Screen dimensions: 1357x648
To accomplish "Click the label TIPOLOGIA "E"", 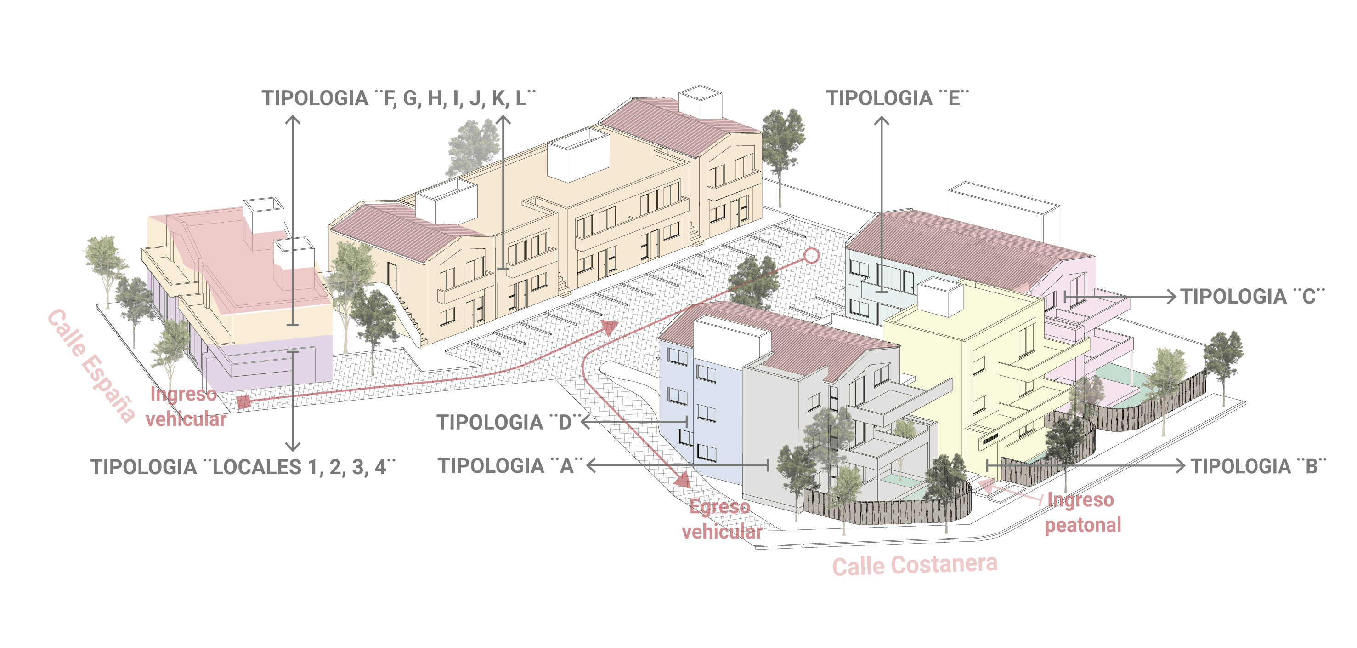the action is [897, 98].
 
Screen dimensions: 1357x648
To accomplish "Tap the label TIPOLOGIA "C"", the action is [1252, 296].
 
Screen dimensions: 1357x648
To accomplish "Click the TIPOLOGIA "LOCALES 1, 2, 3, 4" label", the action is [243, 467].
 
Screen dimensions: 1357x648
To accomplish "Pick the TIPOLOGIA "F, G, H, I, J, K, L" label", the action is [399, 98].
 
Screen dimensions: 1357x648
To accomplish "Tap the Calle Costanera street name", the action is [915, 565].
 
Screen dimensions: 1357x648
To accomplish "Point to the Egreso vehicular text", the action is [722, 519].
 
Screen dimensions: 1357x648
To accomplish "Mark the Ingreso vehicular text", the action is [186, 407].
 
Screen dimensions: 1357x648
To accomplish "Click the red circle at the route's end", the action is [812, 256].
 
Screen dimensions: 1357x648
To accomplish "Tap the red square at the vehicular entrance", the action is [243, 402].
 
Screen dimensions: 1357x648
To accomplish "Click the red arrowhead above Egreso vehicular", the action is [683, 479].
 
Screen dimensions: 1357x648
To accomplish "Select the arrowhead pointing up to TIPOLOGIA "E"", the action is [882, 121].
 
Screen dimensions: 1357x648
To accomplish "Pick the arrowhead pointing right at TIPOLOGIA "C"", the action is [1171, 297].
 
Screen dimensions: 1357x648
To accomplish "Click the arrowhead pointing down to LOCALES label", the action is [293, 446].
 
